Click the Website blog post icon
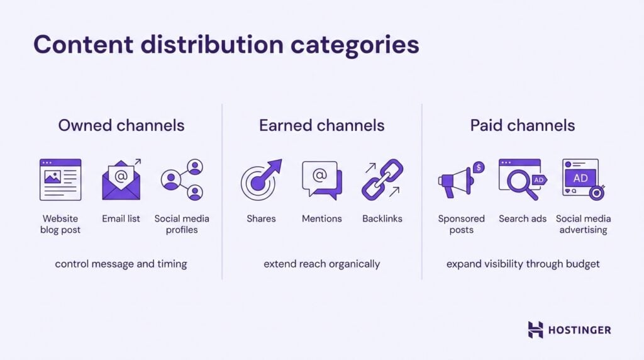(x=60, y=179)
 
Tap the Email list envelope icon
(x=121, y=181)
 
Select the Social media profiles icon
(x=182, y=179)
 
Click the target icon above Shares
(x=260, y=180)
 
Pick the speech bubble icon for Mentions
(x=321, y=179)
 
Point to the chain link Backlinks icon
(x=382, y=179)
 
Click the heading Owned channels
(x=121, y=125)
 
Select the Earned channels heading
(x=321, y=125)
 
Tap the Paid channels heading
(x=522, y=125)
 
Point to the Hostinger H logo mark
(x=535, y=330)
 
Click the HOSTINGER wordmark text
(x=579, y=330)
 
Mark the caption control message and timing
(x=121, y=264)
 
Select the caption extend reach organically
(x=321, y=264)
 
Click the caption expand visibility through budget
(x=523, y=264)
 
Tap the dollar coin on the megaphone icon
(x=479, y=167)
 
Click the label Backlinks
(x=382, y=219)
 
